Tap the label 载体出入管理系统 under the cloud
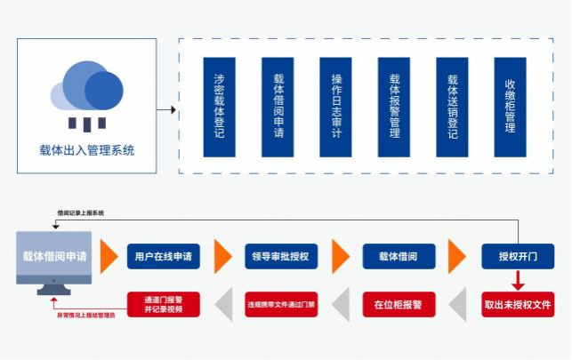[x=87, y=150]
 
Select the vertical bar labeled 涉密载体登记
[x=219, y=107]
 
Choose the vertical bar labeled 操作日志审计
[x=335, y=107]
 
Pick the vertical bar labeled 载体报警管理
[x=394, y=107]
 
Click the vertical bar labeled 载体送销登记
[x=452, y=107]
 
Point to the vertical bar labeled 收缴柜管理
[x=510, y=107]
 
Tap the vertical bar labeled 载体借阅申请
[x=278, y=107]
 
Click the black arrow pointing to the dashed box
[x=166, y=110]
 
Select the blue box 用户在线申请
[x=163, y=257]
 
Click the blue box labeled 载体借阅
[x=399, y=257]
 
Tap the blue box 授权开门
[x=518, y=257]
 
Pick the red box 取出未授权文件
[x=518, y=305]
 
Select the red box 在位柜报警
[x=399, y=305]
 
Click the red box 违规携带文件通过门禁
[x=281, y=305]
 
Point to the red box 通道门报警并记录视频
[x=163, y=305]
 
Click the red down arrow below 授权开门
[x=519, y=281]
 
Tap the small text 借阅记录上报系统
[x=80, y=213]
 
